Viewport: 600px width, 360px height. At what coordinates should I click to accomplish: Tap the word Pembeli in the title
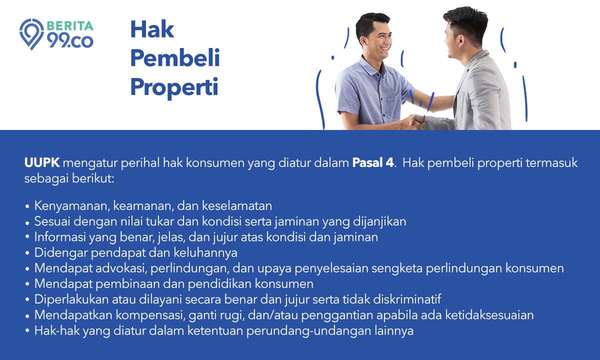point(175,57)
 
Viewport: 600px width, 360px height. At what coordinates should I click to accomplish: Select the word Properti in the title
point(174,87)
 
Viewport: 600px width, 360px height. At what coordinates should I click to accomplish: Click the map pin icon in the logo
point(31,34)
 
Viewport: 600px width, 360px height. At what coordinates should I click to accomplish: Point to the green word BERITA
point(70,26)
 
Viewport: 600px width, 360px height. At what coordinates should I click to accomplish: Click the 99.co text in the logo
point(70,41)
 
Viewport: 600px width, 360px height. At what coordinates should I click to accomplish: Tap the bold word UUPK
point(42,163)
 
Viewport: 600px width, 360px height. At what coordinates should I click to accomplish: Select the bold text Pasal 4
point(373,163)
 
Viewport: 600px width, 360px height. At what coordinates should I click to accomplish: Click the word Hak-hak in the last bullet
point(57,330)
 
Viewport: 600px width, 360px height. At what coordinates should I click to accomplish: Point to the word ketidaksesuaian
point(489,315)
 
